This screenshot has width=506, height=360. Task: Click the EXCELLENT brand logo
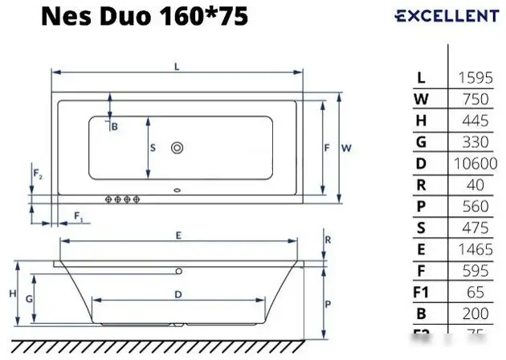click(447, 16)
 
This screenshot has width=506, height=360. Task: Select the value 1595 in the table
click(475, 77)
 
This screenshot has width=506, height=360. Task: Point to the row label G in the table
click(422, 142)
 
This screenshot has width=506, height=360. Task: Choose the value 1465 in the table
click(475, 250)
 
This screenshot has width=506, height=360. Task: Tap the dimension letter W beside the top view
click(346, 148)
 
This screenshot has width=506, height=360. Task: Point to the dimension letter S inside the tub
click(153, 147)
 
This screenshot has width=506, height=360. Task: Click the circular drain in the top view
click(177, 147)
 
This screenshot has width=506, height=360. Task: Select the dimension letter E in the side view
click(178, 235)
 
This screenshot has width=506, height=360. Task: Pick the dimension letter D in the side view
click(178, 294)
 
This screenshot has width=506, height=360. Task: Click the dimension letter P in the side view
click(328, 305)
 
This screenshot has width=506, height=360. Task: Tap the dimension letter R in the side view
click(328, 239)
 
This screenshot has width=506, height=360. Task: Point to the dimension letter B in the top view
click(114, 126)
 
